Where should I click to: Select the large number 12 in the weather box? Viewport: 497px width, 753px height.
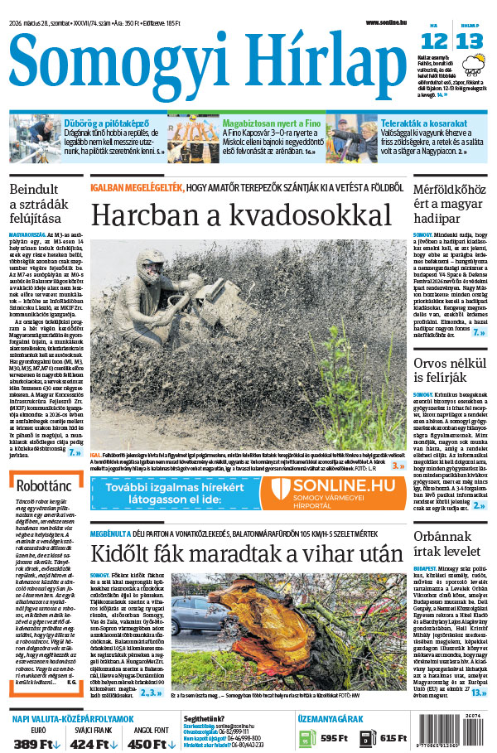point(434,41)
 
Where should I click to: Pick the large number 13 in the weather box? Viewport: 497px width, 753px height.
point(469,41)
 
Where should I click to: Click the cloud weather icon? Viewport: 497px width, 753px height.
point(475,65)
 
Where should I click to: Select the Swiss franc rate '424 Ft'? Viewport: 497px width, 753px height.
point(93,743)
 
